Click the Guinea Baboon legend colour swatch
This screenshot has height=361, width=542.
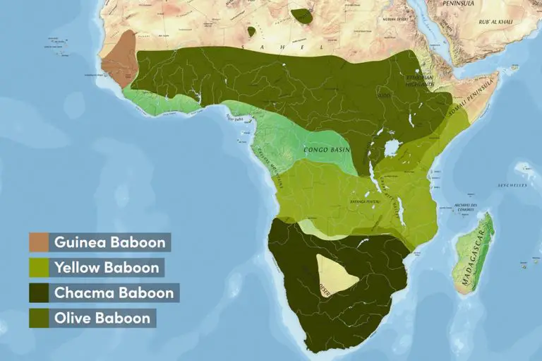(39, 242)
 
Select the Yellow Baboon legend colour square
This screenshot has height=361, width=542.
(39, 267)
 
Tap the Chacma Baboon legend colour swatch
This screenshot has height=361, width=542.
(39, 292)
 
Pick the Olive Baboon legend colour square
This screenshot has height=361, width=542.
(39, 317)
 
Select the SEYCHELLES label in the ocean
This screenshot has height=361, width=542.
(513, 185)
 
